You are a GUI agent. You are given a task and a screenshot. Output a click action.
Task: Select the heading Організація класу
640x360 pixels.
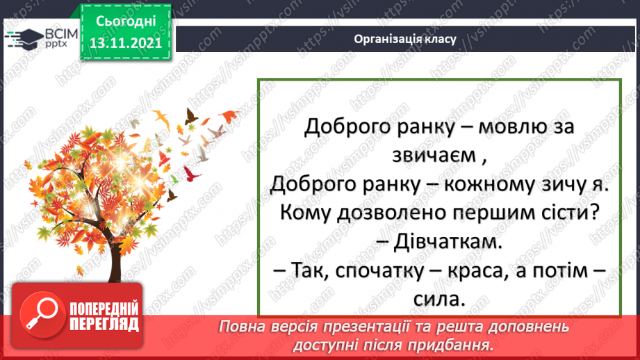pyautogui.click(x=405, y=39)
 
